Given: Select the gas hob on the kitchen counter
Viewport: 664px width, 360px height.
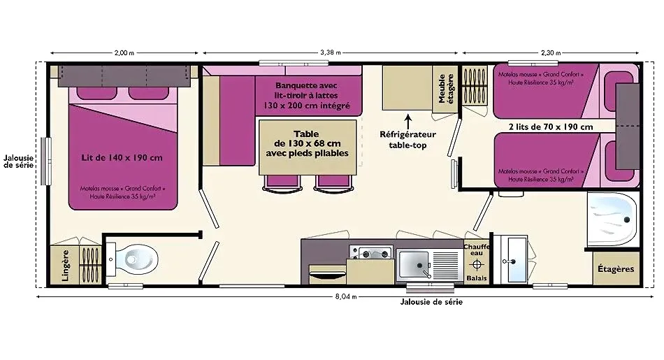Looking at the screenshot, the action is coord(371,253).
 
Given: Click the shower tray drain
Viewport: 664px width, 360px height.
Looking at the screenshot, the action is coord(627,219).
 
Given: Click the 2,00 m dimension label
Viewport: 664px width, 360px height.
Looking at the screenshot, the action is coord(124,53).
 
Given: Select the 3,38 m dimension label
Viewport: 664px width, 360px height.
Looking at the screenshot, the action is coord(331,52).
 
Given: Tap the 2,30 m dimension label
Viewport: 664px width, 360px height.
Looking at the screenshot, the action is coord(551,53).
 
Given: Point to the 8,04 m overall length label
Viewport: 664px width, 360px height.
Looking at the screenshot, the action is coord(346,296).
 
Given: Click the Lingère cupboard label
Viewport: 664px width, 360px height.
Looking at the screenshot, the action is coord(65,266).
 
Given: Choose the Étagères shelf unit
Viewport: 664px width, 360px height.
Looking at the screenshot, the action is coord(616,268).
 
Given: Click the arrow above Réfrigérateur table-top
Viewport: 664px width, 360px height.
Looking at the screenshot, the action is coord(407,121).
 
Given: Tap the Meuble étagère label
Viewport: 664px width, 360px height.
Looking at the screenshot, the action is coord(445,89).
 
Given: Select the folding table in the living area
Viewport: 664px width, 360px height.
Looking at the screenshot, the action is coord(308,147).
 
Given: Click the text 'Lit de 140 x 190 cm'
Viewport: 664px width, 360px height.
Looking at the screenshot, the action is coord(122,157).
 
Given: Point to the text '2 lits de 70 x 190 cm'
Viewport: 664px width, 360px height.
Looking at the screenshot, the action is coord(551,127).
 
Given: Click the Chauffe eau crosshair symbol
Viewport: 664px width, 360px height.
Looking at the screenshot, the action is coord(477,265).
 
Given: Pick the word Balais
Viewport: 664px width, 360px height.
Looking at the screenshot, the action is coord(477,278).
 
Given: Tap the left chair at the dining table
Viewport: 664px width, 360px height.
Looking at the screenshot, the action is coord(282,183).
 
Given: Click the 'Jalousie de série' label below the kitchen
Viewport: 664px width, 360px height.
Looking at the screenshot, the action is coord(431,302).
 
